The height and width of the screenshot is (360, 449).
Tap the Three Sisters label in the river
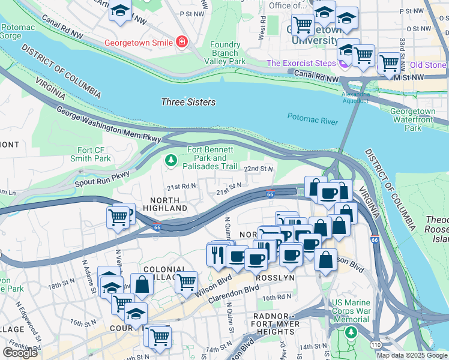[188, 102]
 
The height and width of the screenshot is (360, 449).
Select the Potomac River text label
[312, 119]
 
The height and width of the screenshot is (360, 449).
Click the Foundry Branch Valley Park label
[225, 53]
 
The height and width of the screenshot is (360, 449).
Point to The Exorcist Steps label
[301, 63]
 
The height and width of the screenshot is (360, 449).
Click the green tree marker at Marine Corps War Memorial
[351, 331]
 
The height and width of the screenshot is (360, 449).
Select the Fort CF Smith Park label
[94, 154]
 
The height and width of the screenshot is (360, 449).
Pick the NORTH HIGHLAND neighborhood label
[166, 203]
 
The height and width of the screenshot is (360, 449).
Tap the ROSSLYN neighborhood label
[273, 279]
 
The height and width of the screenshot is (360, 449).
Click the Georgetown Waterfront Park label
[412, 119]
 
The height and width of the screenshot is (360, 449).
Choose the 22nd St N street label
[259, 169]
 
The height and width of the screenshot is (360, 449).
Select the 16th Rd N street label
[276, 297]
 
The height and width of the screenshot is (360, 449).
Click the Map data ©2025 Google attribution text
[412, 355]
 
